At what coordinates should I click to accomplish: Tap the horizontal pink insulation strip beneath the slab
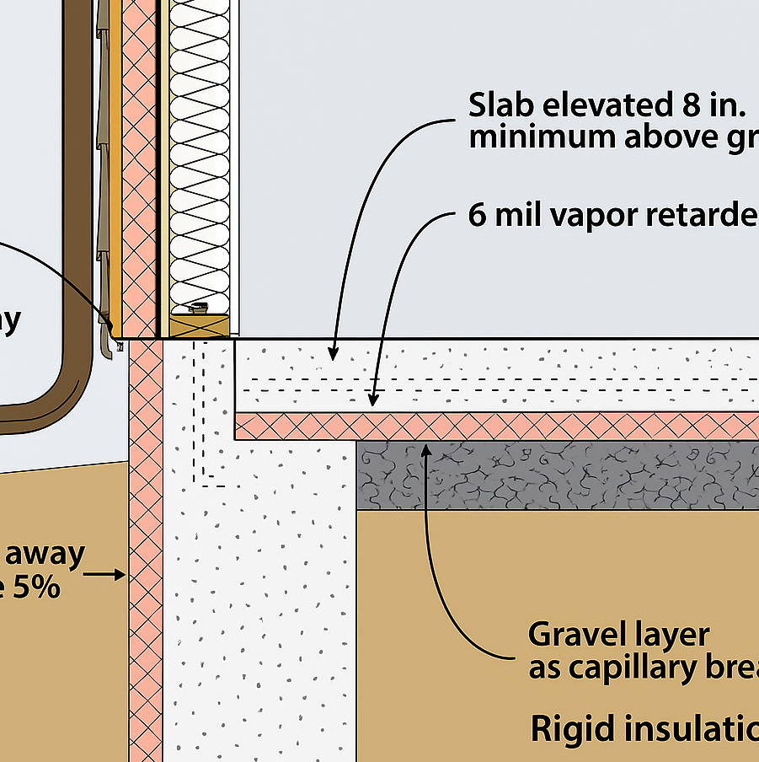tap(505, 427)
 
